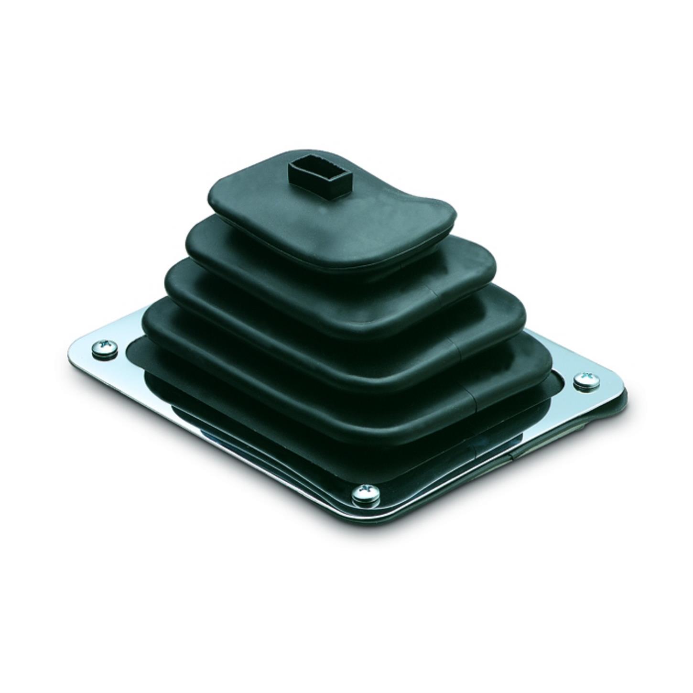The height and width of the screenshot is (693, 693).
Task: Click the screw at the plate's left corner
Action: [104, 347]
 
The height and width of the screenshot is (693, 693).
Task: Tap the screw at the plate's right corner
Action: [586, 380]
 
